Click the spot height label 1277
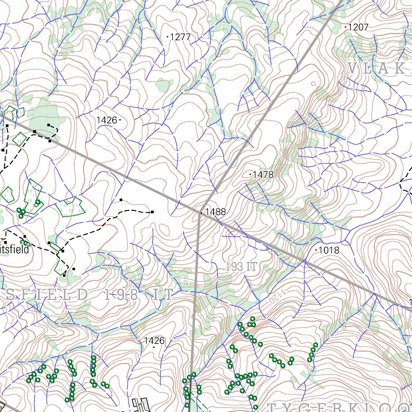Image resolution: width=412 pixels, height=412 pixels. click(x=180, y=37)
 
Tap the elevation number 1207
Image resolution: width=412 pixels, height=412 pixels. click(x=358, y=27)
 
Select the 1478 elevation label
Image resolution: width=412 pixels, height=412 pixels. click(x=264, y=175)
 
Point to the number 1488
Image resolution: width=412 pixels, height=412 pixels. click(x=216, y=212)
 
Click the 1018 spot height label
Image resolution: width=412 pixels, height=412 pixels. click(x=329, y=250)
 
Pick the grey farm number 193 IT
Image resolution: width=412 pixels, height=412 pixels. click(x=241, y=266)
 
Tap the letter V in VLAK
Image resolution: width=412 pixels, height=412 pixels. click(x=352, y=69)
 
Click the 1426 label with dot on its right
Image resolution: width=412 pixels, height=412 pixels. click(x=106, y=120)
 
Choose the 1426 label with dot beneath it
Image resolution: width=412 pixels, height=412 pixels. click(x=154, y=341)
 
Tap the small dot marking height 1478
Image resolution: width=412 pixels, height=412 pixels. click(x=251, y=174)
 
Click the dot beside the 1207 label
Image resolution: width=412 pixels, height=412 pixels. click(x=346, y=27)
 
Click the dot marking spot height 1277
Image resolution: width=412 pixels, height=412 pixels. click(x=167, y=37)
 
